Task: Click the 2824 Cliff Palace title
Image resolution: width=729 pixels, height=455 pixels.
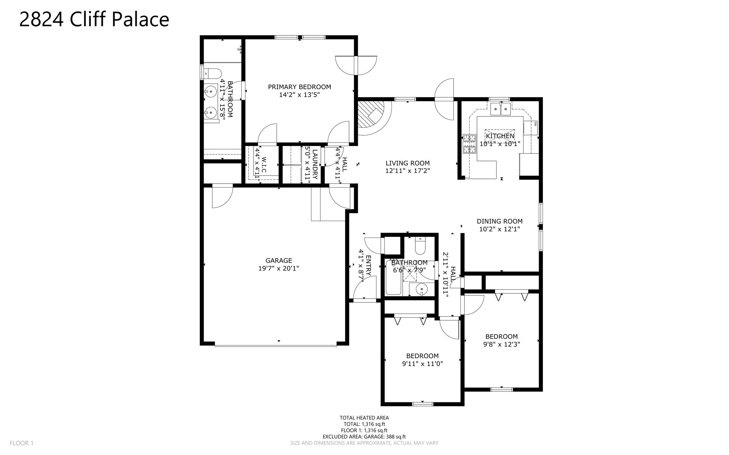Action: [x=94, y=19]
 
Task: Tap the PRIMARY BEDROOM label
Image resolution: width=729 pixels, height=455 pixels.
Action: [x=299, y=87]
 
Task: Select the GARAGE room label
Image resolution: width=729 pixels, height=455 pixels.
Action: [x=279, y=261]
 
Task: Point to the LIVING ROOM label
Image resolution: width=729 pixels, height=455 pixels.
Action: [x=408, y=163]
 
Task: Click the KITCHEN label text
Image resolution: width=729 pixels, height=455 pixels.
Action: [x=500, y=136]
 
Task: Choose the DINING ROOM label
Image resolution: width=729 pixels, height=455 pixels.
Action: [x=499, y=221]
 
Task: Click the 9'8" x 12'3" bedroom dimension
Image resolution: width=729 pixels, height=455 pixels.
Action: [x=501, y=344]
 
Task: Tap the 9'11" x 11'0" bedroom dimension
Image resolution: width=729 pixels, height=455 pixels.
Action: [x=422, y=364]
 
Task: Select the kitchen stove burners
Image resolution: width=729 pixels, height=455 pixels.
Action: [x=469, y=144]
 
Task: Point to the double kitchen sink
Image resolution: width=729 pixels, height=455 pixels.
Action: [x=500, y=109]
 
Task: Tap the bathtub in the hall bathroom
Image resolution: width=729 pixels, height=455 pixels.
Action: [x=393, y=278]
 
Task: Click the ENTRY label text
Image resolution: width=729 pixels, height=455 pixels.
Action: [x=368, y=266]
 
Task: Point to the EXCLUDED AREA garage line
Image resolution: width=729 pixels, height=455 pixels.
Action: [x=364, y=437]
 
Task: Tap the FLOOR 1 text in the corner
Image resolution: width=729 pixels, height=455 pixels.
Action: [x=21, y=443]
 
